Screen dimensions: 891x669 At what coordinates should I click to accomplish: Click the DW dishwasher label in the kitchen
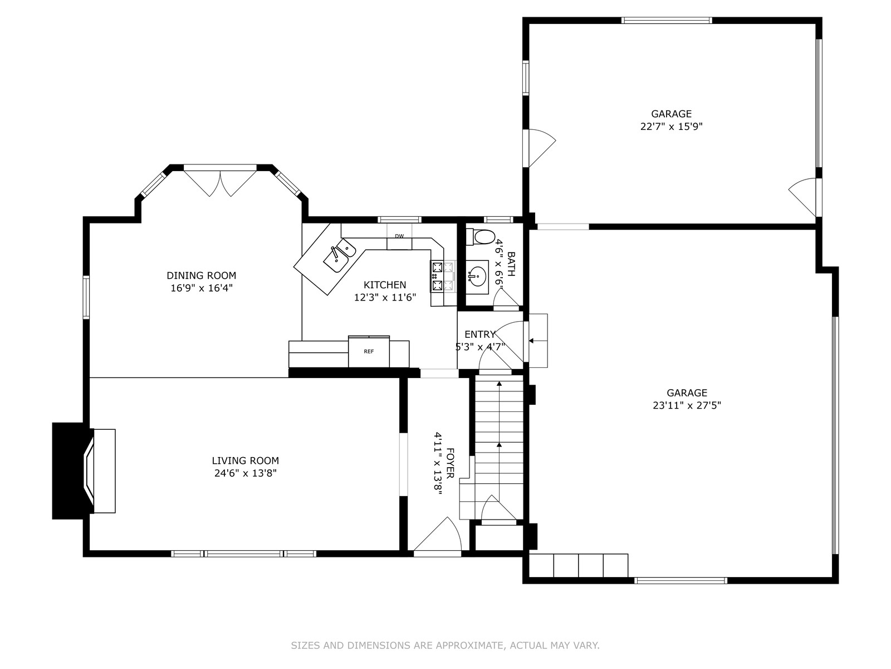[399, 236]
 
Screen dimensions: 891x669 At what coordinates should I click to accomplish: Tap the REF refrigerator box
[369, 351]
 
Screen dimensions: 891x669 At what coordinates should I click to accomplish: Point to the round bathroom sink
[477, 277]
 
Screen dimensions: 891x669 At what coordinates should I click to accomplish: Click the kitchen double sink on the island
[339, 256]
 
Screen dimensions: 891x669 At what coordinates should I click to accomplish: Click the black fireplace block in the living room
[68, 471]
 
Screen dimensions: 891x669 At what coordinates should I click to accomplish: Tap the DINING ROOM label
[202, 275]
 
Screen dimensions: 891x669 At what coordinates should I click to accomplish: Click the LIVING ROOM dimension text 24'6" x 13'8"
[246, 473]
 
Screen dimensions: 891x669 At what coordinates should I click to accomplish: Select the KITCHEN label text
[385, 285]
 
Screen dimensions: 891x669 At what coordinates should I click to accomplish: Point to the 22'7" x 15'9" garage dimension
[672, 127]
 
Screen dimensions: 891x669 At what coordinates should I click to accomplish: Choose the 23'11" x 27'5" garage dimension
[687, 405]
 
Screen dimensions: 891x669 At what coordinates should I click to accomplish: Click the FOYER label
[450, 463]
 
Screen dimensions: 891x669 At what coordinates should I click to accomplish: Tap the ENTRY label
[480, 334]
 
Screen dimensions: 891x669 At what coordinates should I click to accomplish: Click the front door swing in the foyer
[438, 536]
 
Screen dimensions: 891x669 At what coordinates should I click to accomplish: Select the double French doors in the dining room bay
[220, 183]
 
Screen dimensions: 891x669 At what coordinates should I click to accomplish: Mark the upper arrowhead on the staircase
[500, 384]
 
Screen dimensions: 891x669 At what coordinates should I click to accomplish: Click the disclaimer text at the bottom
[445, 646]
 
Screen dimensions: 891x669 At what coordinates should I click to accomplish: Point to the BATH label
[511, 264]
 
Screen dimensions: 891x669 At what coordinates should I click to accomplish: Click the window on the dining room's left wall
[86, 297]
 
